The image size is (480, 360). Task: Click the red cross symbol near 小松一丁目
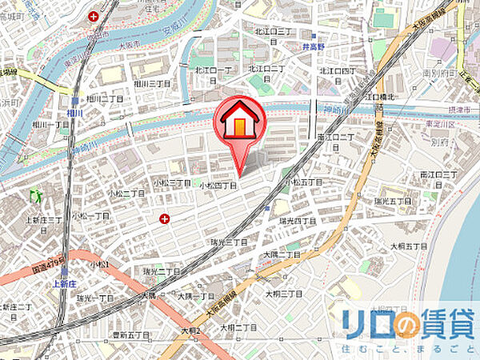(164, 218)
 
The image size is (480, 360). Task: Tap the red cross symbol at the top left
(94, 15)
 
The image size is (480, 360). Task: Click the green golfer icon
(34, 194)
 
